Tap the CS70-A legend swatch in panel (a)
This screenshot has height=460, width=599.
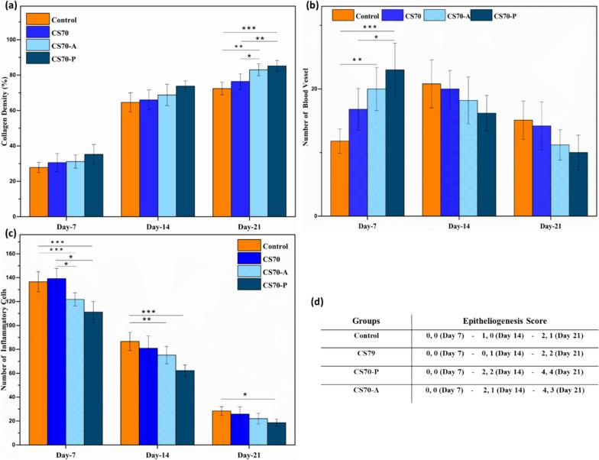click(x=38, y=44)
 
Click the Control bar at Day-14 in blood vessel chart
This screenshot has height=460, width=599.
click(x=432, y=150)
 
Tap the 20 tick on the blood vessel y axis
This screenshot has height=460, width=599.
click(x=318, y=89)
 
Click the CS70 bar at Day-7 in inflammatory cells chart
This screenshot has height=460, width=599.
click(x=57, y=359)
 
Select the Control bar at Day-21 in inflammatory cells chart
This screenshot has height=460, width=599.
click(x=221, y=425)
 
